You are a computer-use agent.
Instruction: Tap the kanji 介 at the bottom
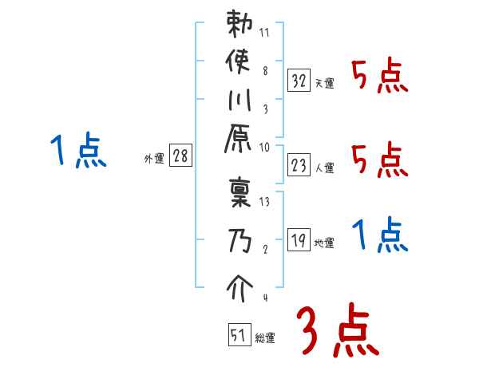[240, 285]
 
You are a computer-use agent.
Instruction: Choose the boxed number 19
[299, 240]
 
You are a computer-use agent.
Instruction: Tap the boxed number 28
[180, 156]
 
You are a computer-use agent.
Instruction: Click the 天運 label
[325, 82]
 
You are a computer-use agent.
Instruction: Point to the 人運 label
[325, 167]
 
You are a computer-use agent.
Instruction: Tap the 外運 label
[154, 159]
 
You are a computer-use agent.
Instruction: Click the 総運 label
[264, 337]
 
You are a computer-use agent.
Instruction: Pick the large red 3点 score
[335, 332]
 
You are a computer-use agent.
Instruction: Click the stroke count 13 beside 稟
[265, 202]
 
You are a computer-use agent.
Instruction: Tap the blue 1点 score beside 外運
[77, 152]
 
